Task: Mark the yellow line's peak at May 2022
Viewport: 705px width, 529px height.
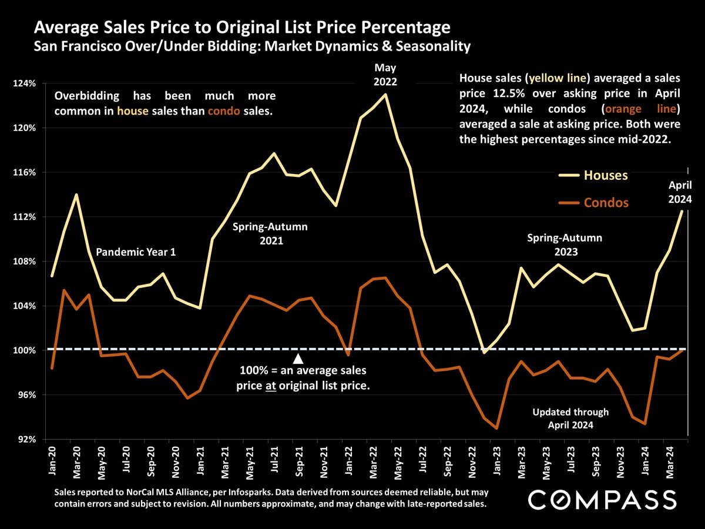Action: [x=385, y=95]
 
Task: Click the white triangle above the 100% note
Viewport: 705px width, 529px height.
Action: [x=298, y=359]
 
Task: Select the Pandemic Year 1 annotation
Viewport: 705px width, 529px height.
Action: [x=136, y=252]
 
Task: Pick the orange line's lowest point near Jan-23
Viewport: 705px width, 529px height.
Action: [x=497, y=428]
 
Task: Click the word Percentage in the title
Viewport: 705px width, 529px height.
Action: [x=407, y=28]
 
